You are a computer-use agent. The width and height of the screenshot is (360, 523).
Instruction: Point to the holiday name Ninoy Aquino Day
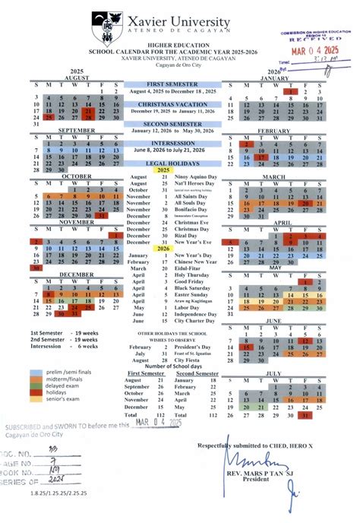click(x=195, y=176)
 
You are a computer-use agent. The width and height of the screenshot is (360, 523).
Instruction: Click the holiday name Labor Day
click(x=187, y=307)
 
